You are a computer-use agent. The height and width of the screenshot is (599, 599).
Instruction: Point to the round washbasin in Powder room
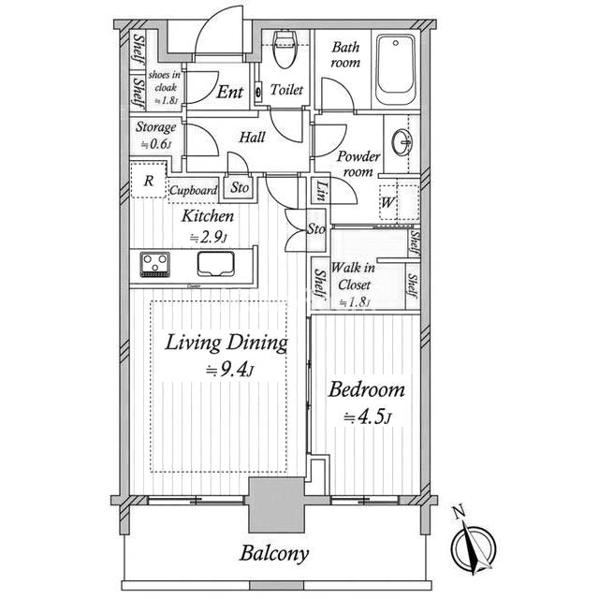(403, 143)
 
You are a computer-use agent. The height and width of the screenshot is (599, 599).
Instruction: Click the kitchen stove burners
(154, 263)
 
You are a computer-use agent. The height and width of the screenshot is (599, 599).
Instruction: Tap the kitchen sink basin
(217, 264)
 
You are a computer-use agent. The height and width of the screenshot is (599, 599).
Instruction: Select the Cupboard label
(194, 190)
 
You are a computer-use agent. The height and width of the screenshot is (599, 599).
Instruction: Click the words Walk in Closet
(356, 276)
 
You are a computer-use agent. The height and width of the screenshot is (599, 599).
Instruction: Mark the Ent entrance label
(230, 92)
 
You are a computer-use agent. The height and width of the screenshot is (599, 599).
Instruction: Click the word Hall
(252, 138)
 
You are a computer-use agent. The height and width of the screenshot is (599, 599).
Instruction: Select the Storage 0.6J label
(156, 135)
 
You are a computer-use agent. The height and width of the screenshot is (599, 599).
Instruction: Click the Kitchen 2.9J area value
(207, 237)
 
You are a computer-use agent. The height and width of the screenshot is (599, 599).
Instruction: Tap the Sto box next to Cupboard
(241, 187)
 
